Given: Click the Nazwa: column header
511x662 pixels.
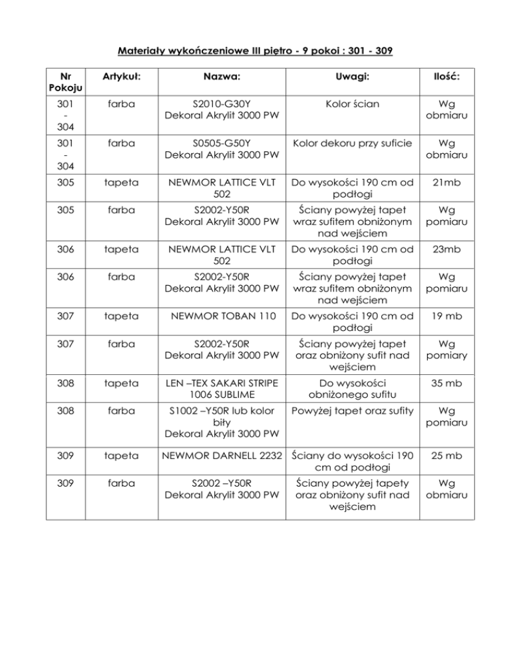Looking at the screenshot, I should click(222, 78).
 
